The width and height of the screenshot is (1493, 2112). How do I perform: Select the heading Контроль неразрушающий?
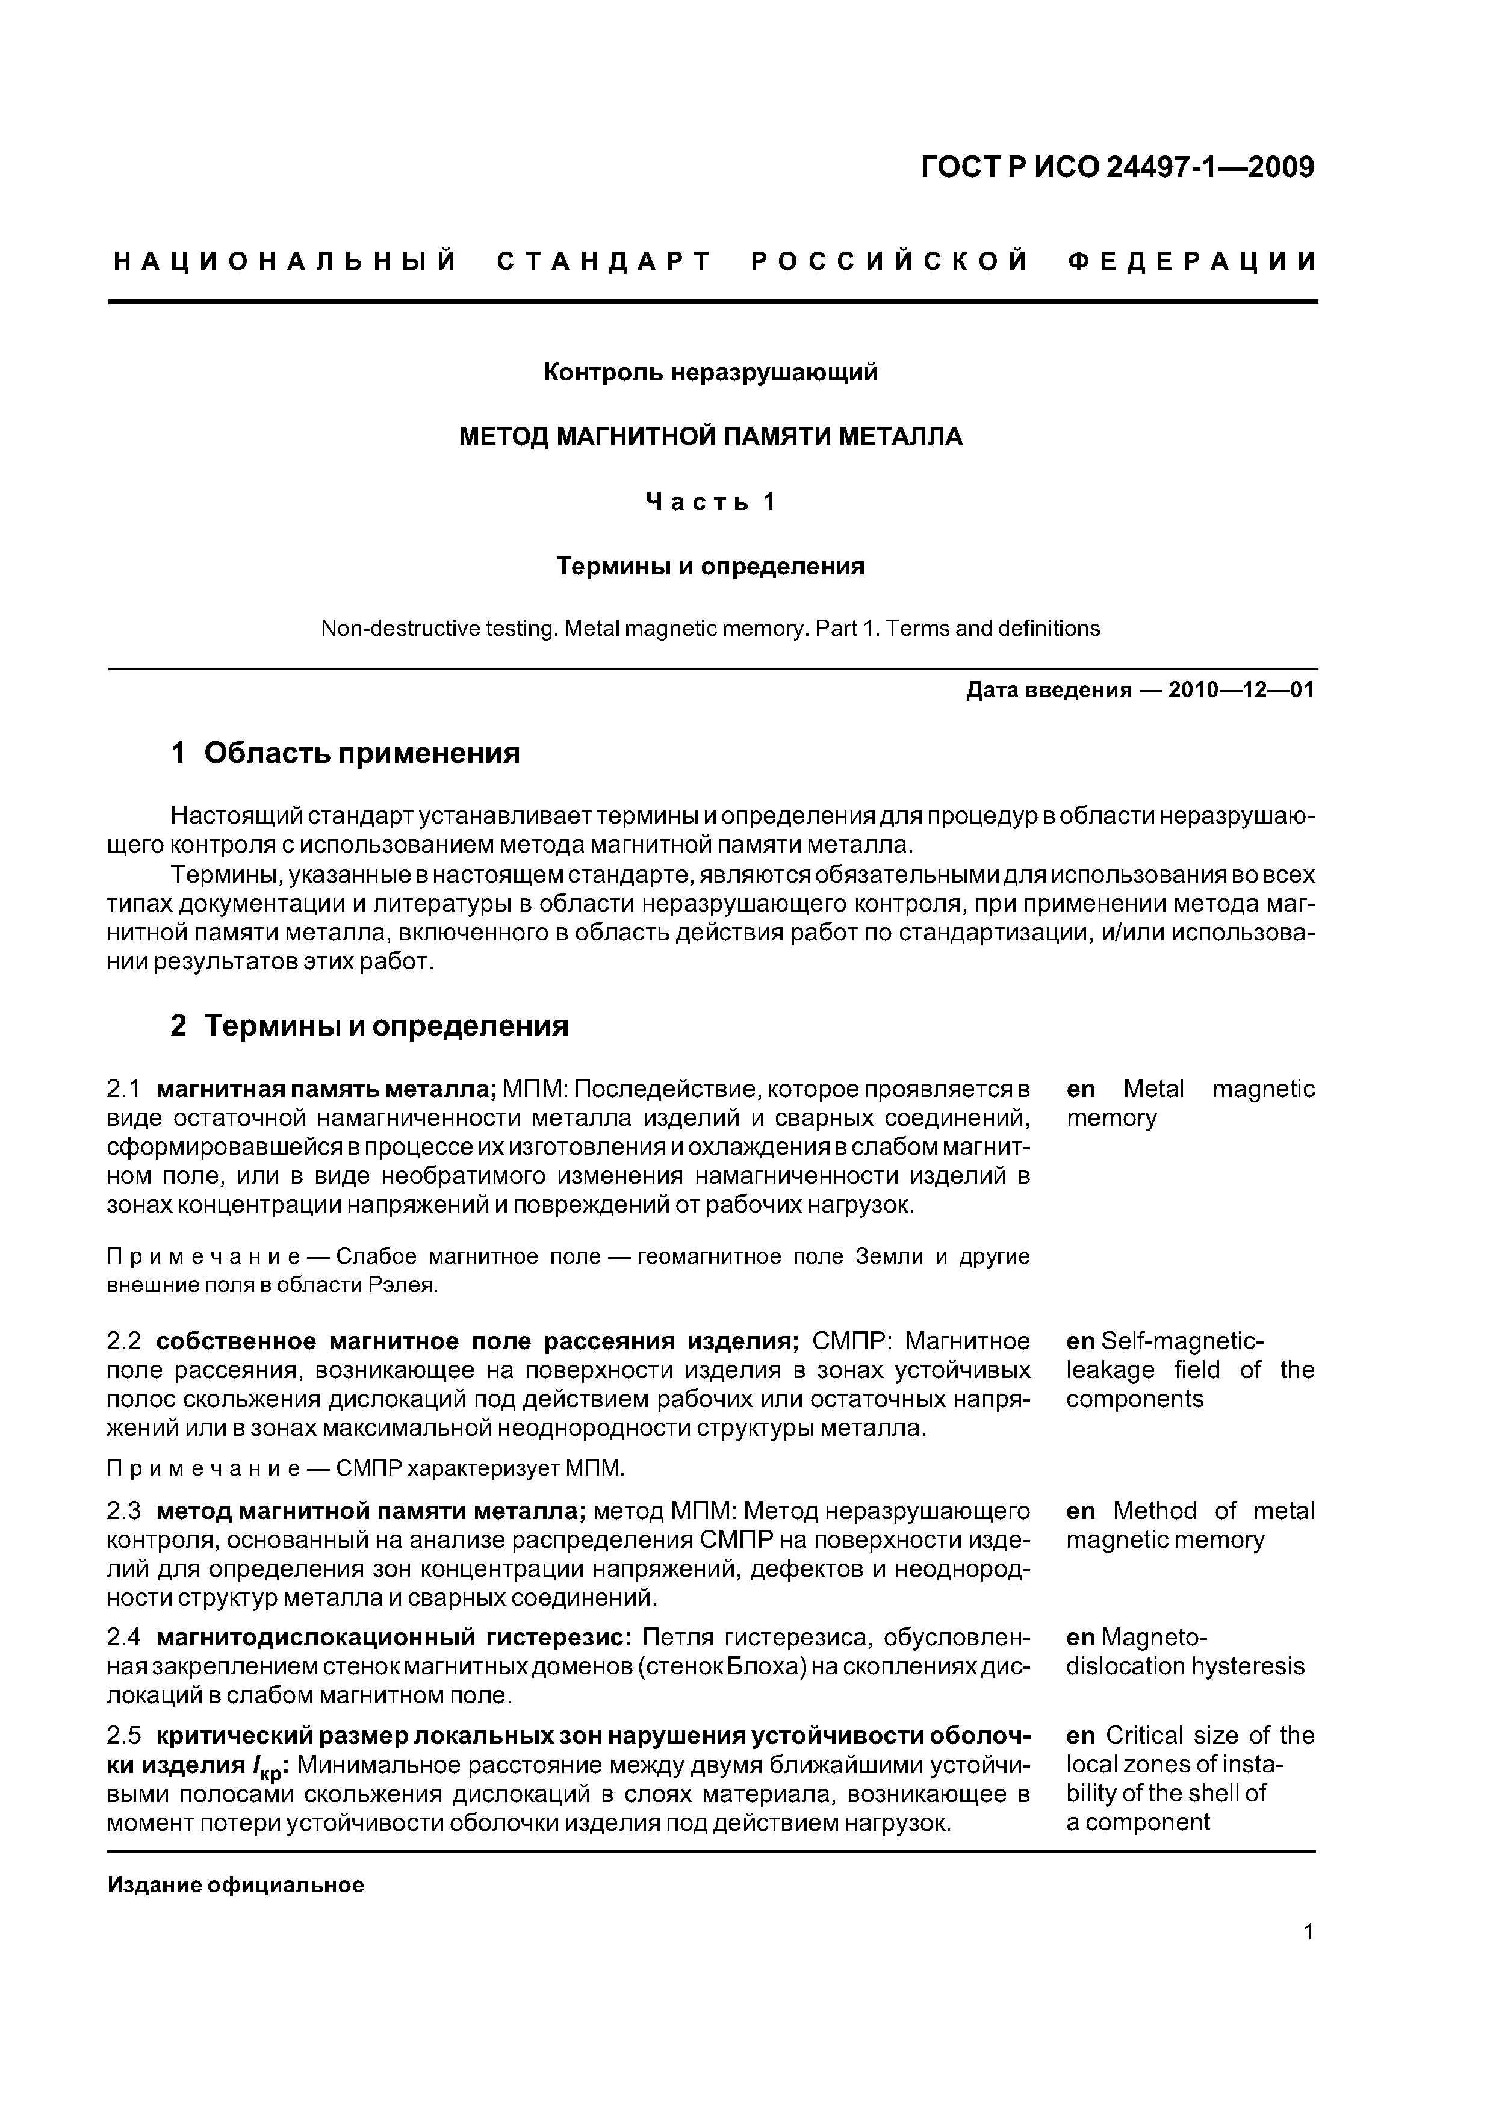coord(710,373)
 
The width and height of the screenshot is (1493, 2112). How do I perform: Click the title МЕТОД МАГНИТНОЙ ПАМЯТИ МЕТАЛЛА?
coord(710,436)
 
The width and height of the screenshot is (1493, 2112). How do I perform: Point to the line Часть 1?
coord(710,502)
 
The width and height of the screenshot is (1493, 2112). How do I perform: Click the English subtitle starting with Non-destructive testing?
coord(710,629)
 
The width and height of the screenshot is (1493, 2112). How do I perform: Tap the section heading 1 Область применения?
coord(346,753)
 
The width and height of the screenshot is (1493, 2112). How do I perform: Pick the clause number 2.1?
coord(123,1089)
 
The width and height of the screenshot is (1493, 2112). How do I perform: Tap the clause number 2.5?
coord(123,1735)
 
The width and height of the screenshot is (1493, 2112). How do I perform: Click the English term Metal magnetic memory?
coord(1190,1103)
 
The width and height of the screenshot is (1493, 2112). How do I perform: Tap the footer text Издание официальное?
coord(235,1885)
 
